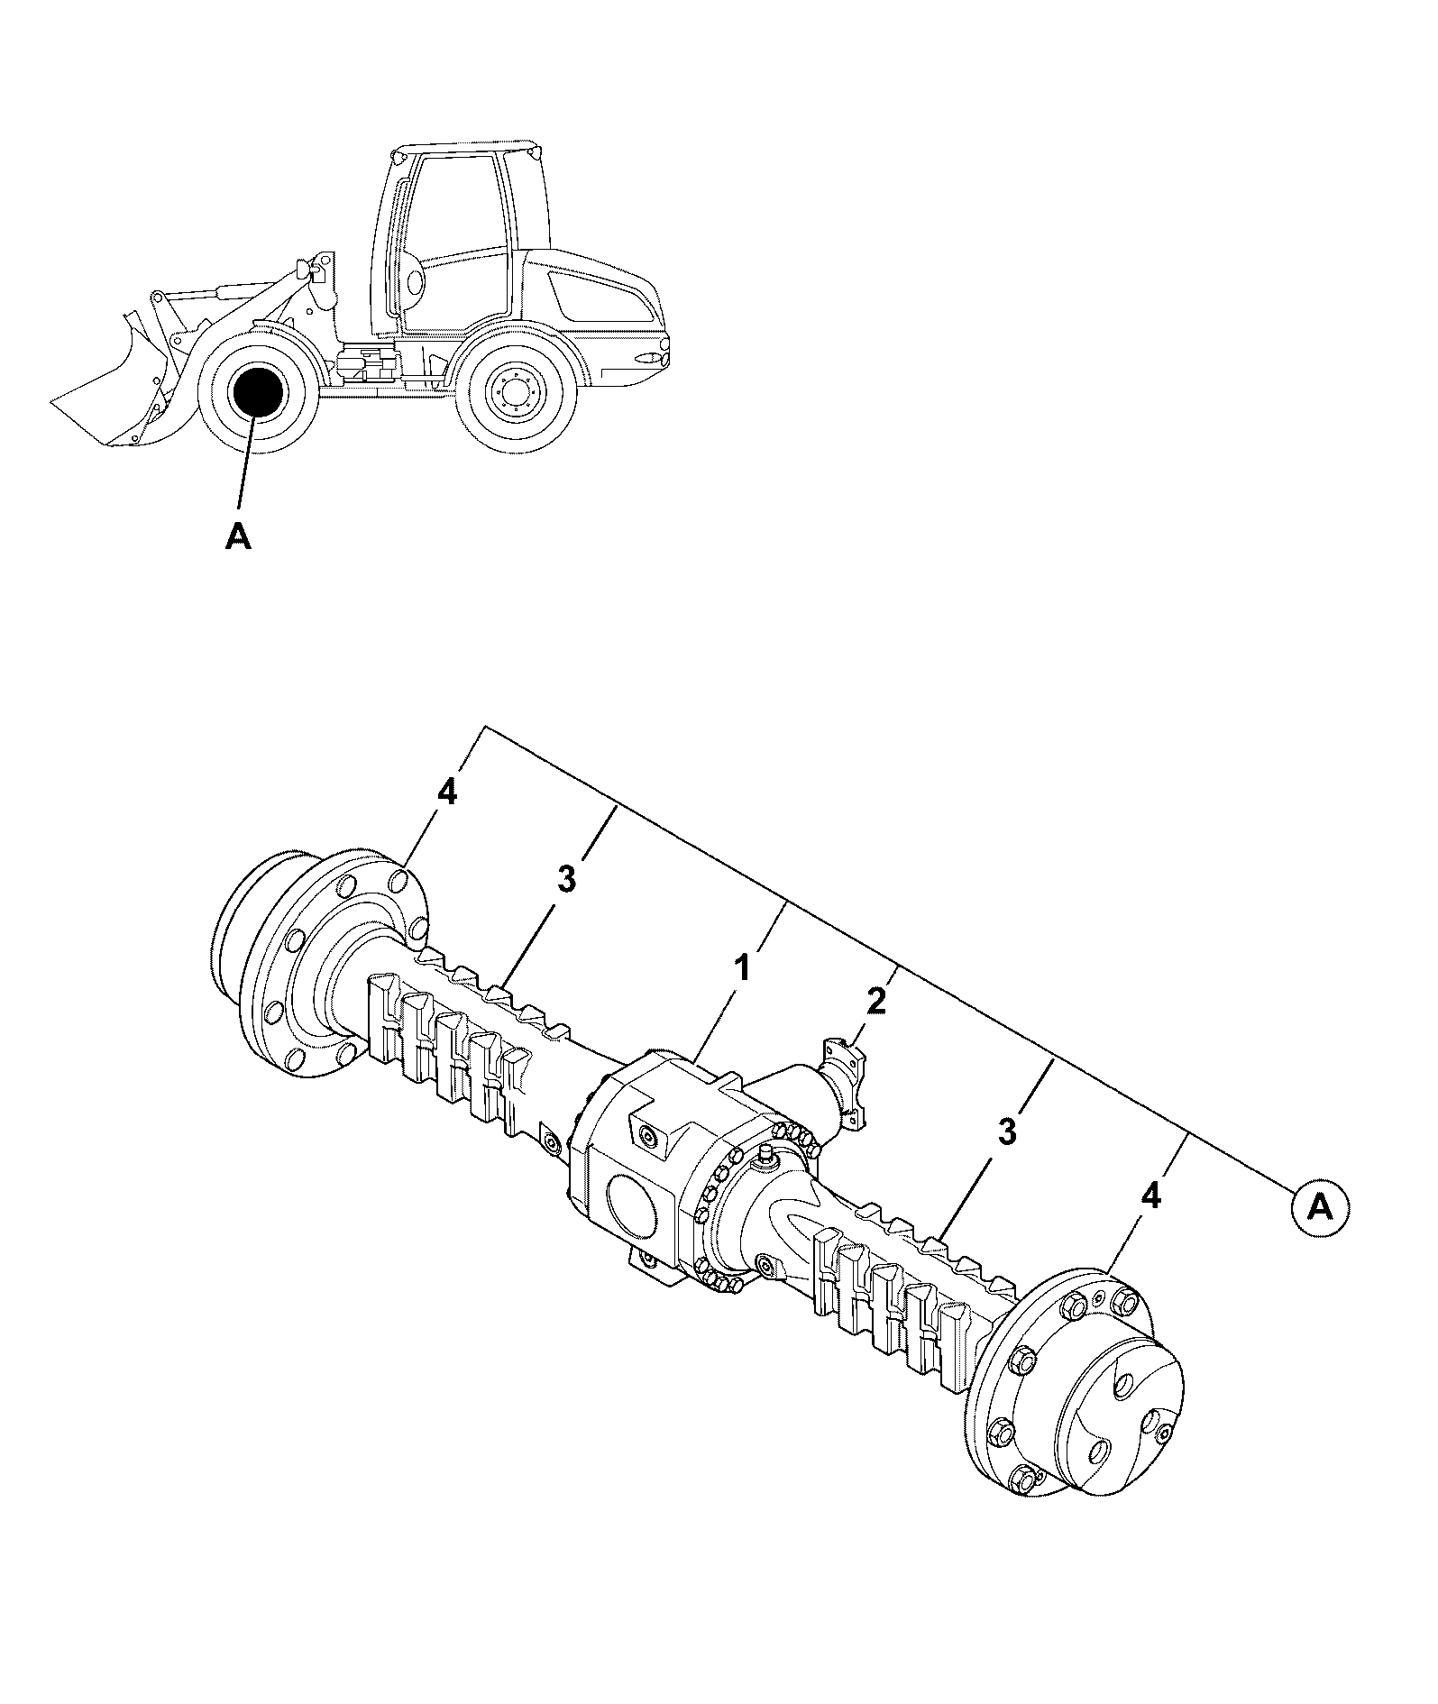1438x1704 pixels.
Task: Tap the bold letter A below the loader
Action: (237, 536)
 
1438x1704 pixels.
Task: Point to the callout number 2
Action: (876, 1000)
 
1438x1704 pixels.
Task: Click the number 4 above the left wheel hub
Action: (447, 793)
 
